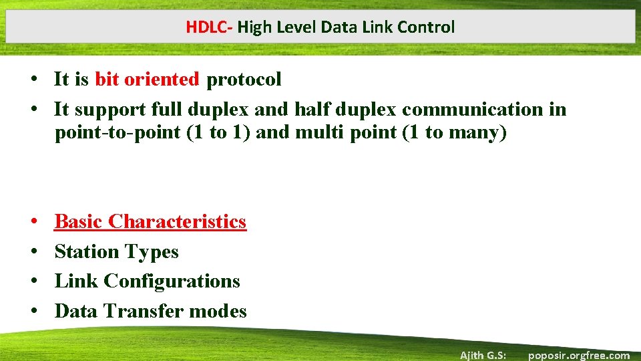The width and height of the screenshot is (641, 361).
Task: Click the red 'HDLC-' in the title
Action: [210, 27]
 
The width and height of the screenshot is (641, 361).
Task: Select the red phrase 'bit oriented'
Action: [147, 80]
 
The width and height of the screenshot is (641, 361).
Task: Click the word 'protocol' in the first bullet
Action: [244, 80]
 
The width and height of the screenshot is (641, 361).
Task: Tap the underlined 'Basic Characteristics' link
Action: [150, 221]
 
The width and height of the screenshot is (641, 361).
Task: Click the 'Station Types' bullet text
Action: [116, 251]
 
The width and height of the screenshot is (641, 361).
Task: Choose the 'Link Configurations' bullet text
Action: [147, 281]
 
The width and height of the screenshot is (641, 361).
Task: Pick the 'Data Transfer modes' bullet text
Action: [150, 311]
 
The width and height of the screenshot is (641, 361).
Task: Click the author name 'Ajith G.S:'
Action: [483, 355]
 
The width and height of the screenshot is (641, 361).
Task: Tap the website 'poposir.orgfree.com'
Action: [578, 355]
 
